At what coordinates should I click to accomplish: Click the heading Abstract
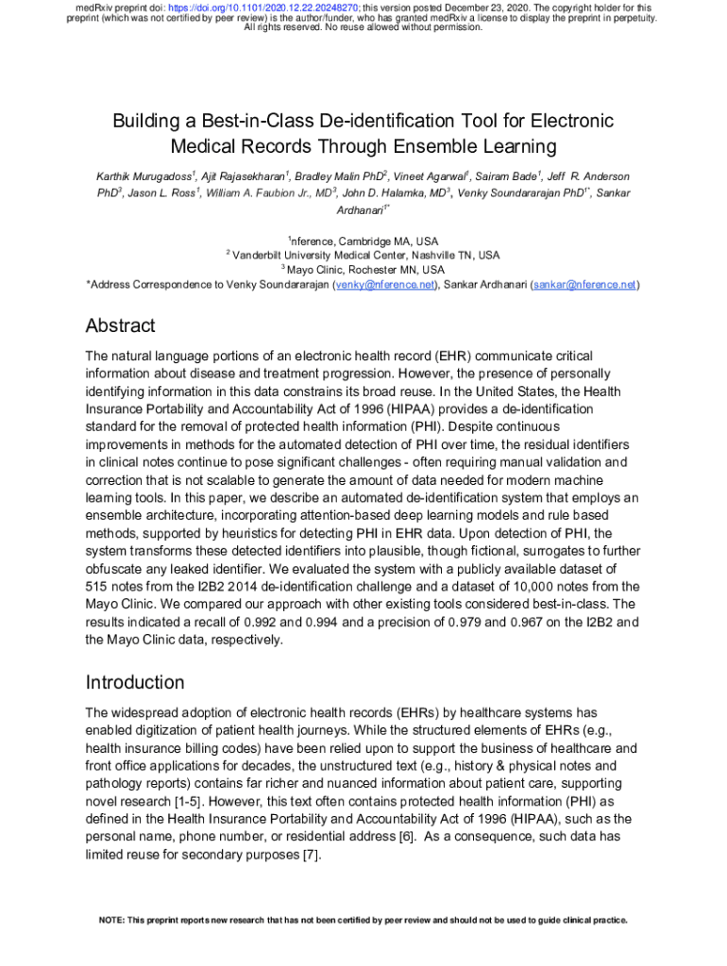[x=120, y=326]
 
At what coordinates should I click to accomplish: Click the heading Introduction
[x=135, y=682]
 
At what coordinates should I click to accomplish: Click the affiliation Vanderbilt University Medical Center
[x=326, y=256]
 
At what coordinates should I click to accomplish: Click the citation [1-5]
[x=189, y=802]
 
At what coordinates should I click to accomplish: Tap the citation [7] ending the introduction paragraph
[x=310, y=856]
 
